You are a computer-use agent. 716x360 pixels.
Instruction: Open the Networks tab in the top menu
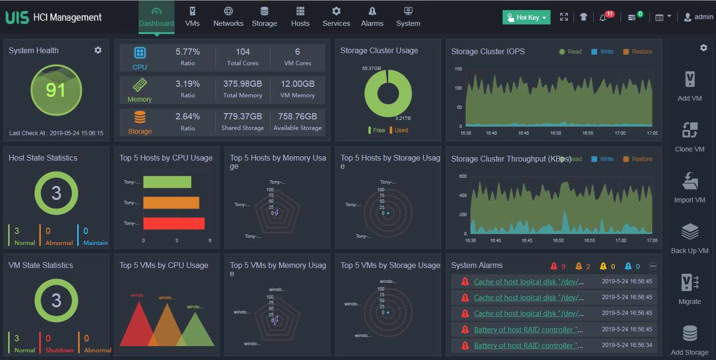tap(228, 17)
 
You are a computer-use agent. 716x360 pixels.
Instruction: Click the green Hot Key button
tap(527, 17)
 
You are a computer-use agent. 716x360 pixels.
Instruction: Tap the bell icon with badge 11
tap(603, 17)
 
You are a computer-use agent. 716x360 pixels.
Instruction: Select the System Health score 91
tap(56, 90)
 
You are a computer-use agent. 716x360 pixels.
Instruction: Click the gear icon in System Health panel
tap(98, 50)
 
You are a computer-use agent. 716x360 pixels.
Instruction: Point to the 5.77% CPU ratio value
tap(188, 52)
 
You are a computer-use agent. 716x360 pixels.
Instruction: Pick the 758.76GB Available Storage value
tap(297, 116)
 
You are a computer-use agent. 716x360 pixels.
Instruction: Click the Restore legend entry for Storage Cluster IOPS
tap(638, 52)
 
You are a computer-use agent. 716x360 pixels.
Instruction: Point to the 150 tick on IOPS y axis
tap(458, 69)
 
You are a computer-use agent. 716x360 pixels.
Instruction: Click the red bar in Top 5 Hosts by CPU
tap(174, 223)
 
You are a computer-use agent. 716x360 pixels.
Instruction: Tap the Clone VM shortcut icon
tap(690, 130)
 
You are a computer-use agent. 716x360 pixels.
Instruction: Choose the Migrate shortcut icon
tap(690, 282)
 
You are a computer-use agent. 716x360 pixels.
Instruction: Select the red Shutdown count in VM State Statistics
tap(48, 338)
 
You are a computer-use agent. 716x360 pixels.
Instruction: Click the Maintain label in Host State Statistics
tap(95, 243)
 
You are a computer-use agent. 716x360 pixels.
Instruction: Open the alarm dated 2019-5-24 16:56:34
tap(528, 346)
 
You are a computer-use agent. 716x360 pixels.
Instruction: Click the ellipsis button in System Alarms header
tap(653, 266)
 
